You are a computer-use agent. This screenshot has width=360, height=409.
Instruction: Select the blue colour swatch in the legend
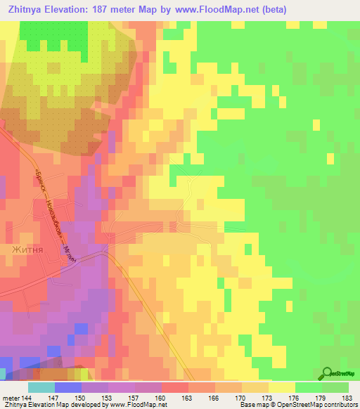[67, 387]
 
